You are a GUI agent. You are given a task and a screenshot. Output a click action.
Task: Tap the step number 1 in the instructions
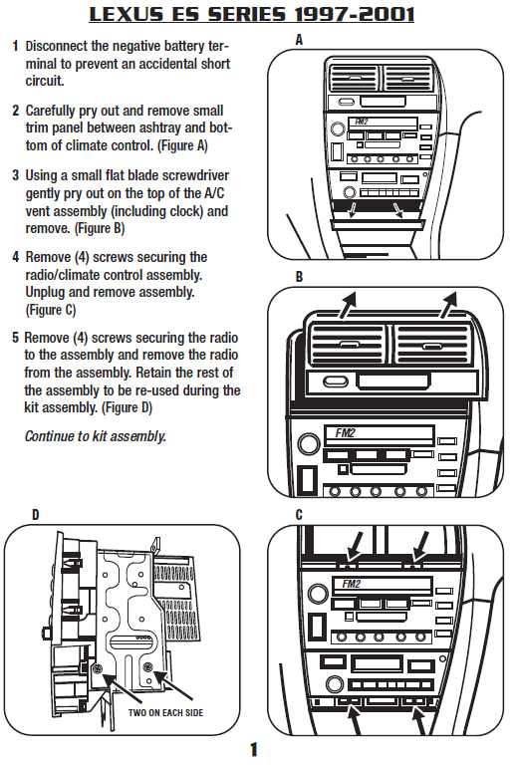[15, 47]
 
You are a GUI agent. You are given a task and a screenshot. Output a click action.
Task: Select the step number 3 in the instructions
[15, 174]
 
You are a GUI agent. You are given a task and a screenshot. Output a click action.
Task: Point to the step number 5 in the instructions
[15, 338]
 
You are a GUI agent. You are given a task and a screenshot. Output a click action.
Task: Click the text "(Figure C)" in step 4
[55, 310]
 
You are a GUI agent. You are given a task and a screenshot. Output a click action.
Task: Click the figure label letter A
[300, 40]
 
